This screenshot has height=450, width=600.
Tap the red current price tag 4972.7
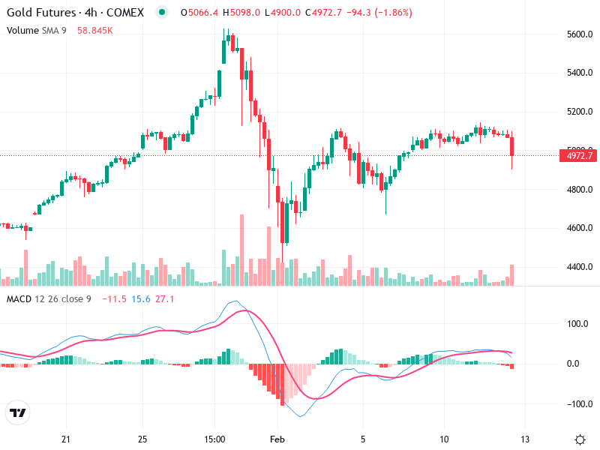(577, 156)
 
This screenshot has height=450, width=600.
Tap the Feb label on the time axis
(277, 439)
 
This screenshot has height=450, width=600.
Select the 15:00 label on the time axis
(214, 439)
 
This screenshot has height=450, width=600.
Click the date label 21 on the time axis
(66, 439)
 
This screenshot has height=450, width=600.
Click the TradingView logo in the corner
(18, 413)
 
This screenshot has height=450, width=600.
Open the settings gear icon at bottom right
(580, 439)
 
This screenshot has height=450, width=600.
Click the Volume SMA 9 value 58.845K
(95, 30)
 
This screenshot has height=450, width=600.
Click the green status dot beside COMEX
(161, 13)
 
